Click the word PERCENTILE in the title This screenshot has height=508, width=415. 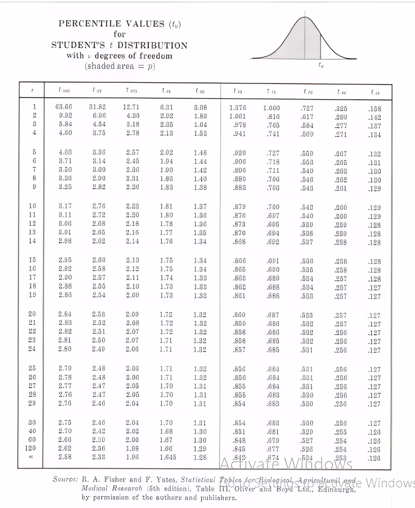(90, 24)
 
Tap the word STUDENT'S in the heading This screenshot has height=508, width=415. (78, 45)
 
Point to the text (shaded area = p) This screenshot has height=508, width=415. (120, 66)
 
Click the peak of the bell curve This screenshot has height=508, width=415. (305, 17)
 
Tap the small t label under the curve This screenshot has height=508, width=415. (321, 65)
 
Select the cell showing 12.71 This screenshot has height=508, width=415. (131, 107)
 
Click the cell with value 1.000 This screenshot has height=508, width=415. (271, 108)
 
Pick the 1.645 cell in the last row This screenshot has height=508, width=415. (168, 457)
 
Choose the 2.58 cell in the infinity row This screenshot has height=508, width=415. (65, 457)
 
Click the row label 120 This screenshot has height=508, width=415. (30, 448)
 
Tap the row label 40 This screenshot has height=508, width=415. (32, 431)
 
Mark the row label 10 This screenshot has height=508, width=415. (32, 206)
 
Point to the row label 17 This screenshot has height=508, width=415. (32, 277)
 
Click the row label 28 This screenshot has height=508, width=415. (32, 394)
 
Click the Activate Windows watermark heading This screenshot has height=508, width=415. (286, 464)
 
